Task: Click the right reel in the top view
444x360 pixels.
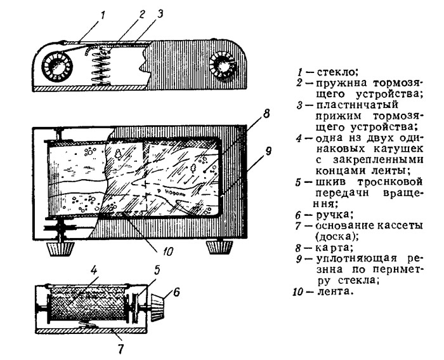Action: pos(223,65)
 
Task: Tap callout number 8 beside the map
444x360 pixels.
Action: pos(267,114)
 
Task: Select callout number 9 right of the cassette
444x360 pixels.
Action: pos(268,152)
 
